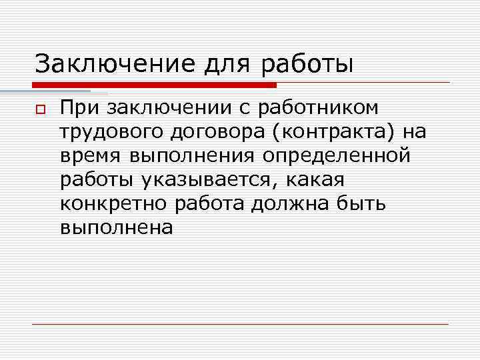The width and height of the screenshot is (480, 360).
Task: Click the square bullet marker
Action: tap(41, 109)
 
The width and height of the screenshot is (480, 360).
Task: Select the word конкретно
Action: tap(113, 204)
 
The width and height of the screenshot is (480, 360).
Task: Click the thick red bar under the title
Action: tap(153, 85)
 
